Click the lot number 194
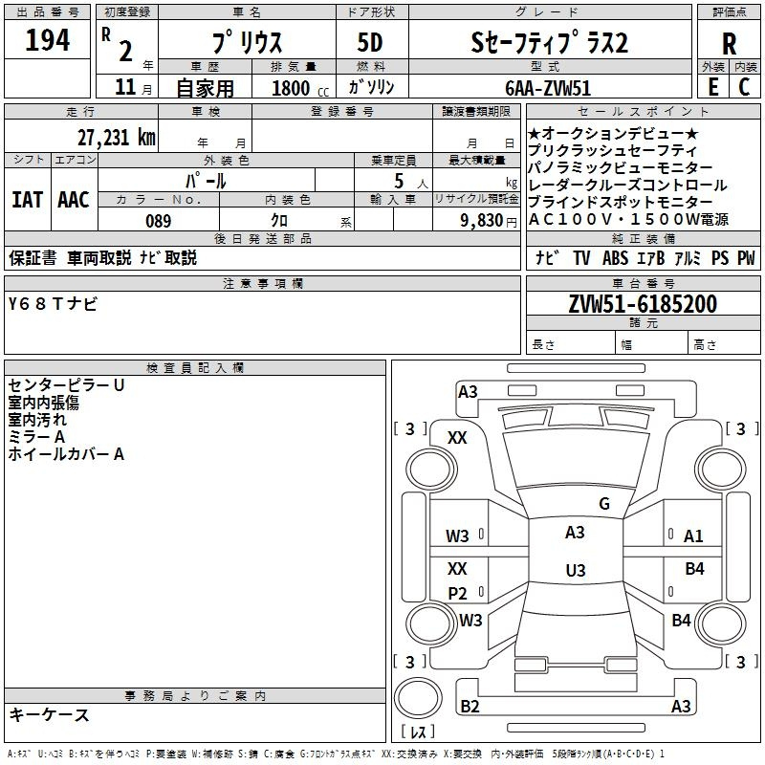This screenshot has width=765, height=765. point(47,40)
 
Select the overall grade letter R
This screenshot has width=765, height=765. point(729,44)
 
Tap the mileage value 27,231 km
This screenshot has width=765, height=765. point(117,138)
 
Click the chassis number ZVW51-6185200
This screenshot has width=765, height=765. point(643,304)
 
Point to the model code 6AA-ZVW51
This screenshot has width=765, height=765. point(548,88)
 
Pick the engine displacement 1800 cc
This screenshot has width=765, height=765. point(300,88)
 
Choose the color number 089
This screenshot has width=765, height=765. point(159,221)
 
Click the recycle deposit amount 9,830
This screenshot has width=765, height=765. point(482,221)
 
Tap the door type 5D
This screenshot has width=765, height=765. point(370,43)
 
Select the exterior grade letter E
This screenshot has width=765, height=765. point(712,87)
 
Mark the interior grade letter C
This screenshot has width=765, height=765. point(744,87)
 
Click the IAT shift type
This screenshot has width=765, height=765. point(28,200)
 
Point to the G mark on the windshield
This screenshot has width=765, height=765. point(604,504)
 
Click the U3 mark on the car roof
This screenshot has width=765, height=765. point(576,570)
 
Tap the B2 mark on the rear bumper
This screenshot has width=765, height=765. point(470,706)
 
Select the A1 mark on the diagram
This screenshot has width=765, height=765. point(692,536)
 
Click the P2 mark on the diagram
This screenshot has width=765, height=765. point(457,593)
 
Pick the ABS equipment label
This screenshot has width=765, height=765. point(615,258)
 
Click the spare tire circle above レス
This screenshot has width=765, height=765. point(418,698)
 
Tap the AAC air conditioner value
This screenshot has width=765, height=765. point(74,200)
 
